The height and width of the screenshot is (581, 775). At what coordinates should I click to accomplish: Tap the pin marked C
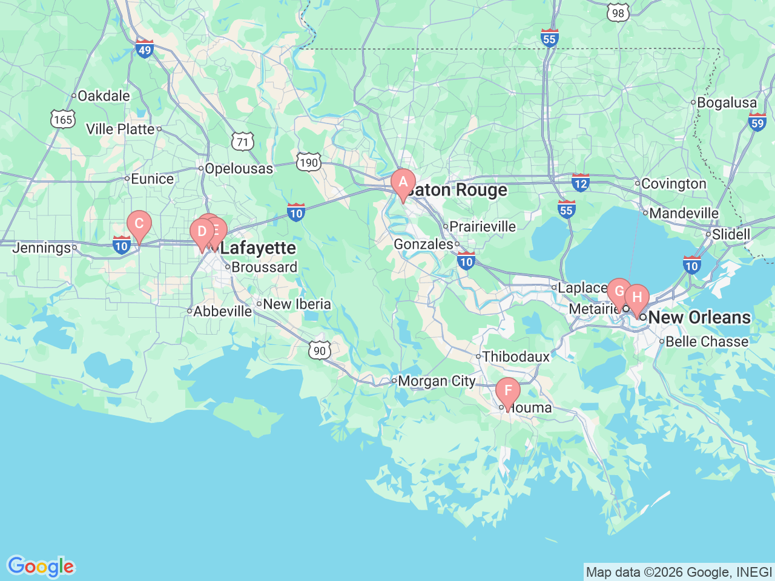click(x=139, y=224)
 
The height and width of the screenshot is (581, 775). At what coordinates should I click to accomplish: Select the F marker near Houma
click(x=507, y=391)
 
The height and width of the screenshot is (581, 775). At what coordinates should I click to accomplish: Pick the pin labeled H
click(x=636, y=298)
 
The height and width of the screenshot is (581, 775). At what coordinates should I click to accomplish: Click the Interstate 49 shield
click(x=144, y=49)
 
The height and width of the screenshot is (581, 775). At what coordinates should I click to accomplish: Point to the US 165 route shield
click(x=63, y=119)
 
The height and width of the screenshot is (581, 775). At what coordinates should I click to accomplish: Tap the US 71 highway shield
click(x=242, y=143)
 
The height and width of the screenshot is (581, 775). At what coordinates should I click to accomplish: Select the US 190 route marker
click(x=308, y=162)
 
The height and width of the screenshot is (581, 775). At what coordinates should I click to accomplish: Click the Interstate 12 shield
click(x=580, y=182)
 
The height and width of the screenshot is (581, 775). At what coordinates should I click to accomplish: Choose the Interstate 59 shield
click(x=757, y=122)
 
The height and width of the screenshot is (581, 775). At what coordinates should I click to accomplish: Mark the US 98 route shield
click(x=617, y=13)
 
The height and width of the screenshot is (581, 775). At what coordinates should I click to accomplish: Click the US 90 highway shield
click(x=320, y=350)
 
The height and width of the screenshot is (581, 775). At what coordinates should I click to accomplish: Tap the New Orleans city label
click(x=699, y=317)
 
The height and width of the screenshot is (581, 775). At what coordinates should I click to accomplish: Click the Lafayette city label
click(x=258, y=248)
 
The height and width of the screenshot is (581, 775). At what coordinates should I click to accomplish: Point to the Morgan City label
click(x=437, y=381)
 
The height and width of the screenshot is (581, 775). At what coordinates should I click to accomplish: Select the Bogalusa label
click(x=727, y=103)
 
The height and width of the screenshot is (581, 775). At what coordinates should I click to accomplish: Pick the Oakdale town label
click(x=104, y=96)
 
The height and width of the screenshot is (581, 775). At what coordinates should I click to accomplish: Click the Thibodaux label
click(x=516, y=356)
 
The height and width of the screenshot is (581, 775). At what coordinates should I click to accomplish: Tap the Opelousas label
click(x=239, y=169)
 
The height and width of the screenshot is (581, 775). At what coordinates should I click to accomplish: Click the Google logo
click(x=41, y=567)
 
